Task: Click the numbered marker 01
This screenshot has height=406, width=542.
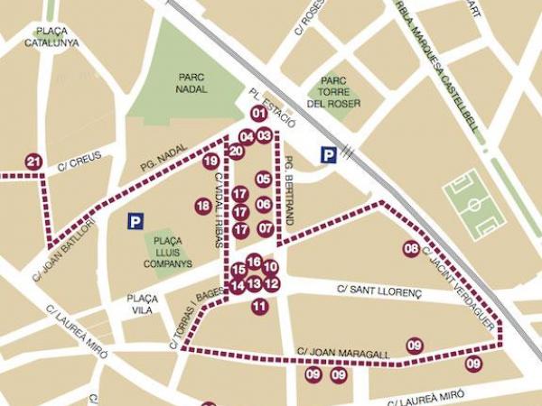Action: click(x=259, y=113)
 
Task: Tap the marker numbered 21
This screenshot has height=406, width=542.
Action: click(x=33, y=162)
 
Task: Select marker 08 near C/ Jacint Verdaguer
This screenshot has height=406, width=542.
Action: click(x=411, y=249)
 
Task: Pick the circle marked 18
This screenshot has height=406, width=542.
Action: click(x=202, y=207)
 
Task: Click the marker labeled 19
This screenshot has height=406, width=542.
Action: click(x=210, y=161)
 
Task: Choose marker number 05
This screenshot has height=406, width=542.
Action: click(x=263, y=180)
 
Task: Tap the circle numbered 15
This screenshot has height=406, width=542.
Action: click(x=238, y=270)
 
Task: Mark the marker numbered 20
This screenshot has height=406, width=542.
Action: click(x=236, y=151)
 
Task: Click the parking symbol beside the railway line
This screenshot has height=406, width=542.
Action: click(x=329, y=156)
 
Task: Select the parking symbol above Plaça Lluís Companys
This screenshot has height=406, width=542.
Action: click(x=135, y=220)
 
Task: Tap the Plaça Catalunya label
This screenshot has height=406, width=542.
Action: click(x=51, y=36)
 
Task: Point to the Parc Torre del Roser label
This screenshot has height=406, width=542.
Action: click(x=333, y=91)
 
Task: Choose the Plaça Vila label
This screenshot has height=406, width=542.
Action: click(x=143, y=303)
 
